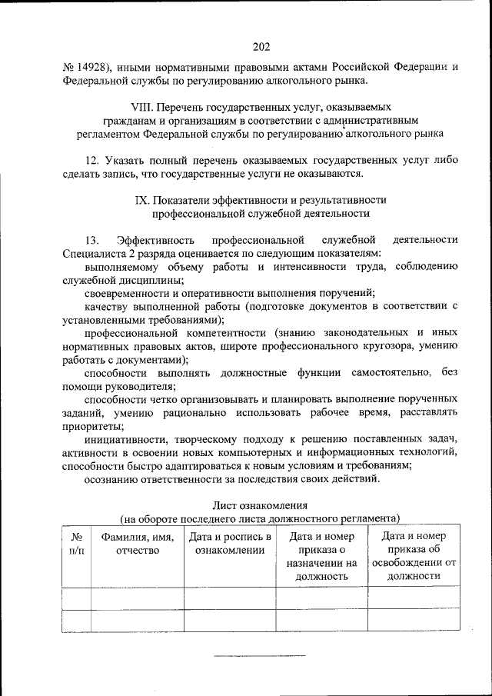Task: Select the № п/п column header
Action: point(76,544)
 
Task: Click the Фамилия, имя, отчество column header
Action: point(137,544)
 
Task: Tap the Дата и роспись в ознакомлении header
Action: point(229,544)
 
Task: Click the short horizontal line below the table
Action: point(258,655)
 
